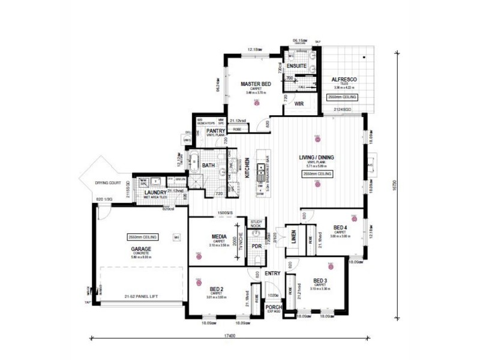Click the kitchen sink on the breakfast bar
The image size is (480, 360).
point(261,175)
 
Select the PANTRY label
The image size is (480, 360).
point(215,130)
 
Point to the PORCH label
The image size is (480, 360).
point(274,308)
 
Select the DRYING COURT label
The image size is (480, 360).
point(107,182)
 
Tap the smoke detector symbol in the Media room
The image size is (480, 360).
point(199,256)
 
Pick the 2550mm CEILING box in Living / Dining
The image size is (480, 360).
point(318,173)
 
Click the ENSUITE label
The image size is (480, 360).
point(297,65)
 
